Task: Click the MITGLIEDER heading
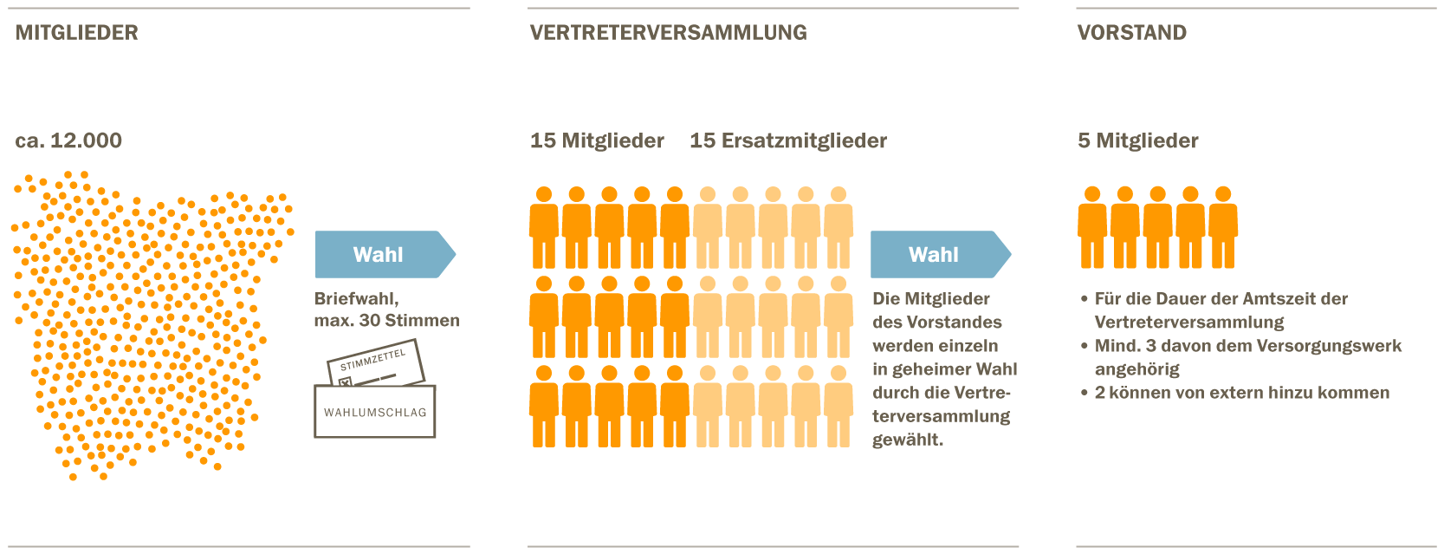pyautogui.click(x=76, y=33)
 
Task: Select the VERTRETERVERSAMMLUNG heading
pyautogui.click(x=668, y=33)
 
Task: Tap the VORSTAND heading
pyautogui.click(x=1131, y=33)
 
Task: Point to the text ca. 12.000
pyautogui.click(x=68, y=140)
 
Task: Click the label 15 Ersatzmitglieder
pyautogui.click(x=787, y=140)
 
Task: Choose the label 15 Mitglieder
pyautogui.click(x=597, y=140)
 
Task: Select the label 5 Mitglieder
pyautogui.click(x=1137, y=140)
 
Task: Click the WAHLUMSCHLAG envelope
pyautogui.click(x=374, y=413)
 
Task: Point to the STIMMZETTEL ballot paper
pyautogui.click(x=374, y=362)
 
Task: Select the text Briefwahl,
pyautogui.click(x=356, y=298)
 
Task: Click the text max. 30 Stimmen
pyautogui.click(x=386, y=321)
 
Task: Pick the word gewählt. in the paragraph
pyautogui.click(x=907, y=440)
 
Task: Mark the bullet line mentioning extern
pyautogui.click(x=1241, y=393)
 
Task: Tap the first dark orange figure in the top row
pyautogui.click(x=544, y=227)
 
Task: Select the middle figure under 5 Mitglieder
pyautogui.click(x=1157, y=227)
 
